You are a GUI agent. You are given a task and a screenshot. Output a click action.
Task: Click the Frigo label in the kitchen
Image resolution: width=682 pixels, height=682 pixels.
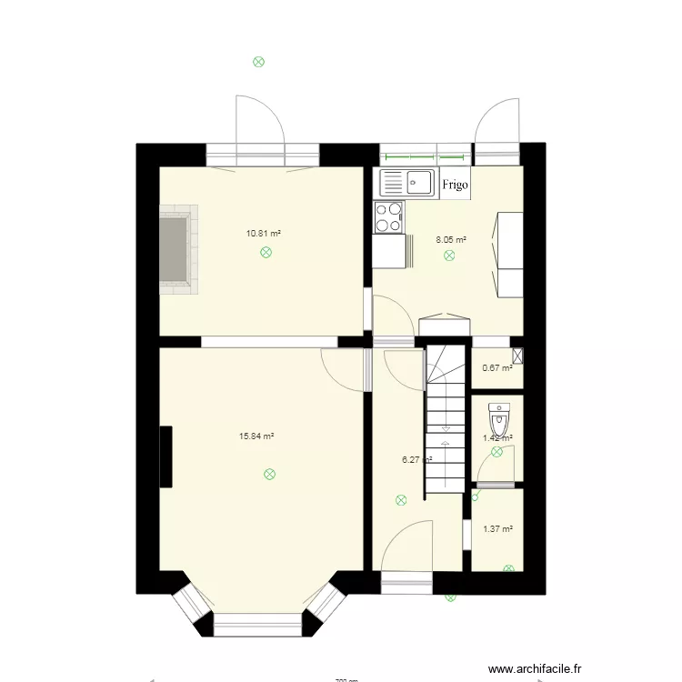(455, 185)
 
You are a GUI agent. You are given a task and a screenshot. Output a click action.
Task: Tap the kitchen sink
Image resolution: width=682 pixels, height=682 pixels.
(406, 183)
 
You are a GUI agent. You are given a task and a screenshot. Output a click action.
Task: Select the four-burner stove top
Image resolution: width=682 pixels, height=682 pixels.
(388, 217)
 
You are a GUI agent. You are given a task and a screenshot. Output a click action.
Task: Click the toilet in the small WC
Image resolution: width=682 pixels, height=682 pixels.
(498, 421)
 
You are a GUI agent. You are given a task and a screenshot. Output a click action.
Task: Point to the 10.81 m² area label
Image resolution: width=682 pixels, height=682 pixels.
(264, 233)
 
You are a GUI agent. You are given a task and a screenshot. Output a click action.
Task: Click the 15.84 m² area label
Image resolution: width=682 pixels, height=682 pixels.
(256, 436)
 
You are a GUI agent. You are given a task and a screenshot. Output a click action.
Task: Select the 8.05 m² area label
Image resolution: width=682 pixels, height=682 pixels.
(451, 240)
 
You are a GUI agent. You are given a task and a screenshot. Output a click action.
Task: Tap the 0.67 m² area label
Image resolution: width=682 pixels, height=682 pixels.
(496, 368)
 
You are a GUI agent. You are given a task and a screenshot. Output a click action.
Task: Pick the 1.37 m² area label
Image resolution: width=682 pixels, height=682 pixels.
(497, 528)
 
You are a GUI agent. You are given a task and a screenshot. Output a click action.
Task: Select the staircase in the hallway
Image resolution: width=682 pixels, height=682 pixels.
(446, 418)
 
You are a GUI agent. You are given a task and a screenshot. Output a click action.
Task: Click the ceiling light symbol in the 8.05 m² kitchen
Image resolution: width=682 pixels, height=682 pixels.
(449, 257)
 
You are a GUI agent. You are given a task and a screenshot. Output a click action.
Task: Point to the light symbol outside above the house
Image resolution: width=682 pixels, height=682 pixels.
(258, 63)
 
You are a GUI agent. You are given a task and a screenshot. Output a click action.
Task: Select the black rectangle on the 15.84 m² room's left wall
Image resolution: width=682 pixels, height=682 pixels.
(165, 456)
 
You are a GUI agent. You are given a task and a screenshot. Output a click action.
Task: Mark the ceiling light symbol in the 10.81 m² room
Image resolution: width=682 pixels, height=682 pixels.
(266, 254)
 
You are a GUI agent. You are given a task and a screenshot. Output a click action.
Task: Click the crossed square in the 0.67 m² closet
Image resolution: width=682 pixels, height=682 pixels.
(517, 357)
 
